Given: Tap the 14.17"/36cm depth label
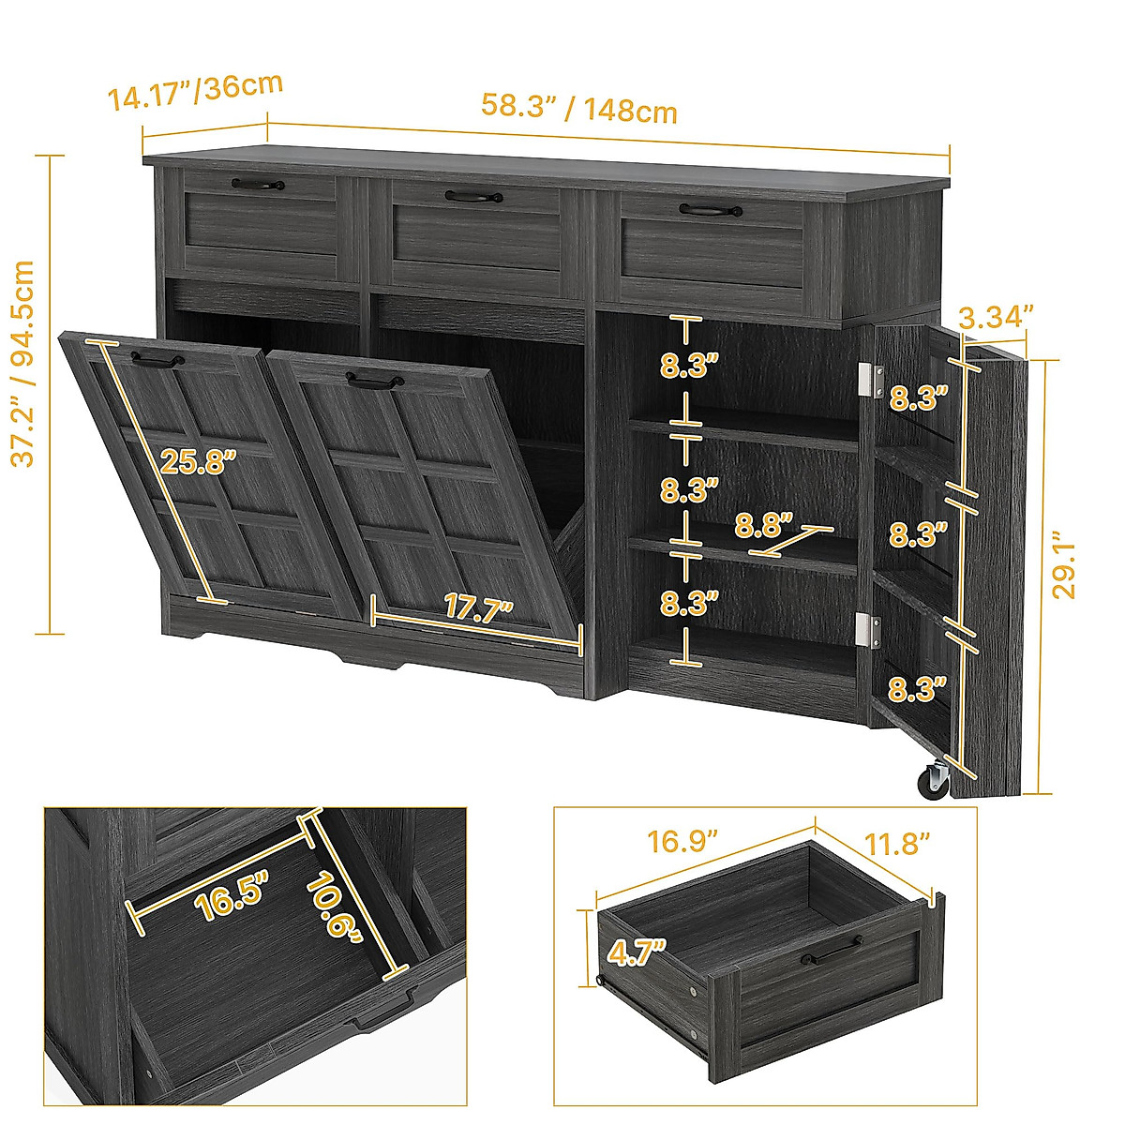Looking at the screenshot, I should tap(195, 91).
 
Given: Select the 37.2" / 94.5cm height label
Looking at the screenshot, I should tap(22, 363).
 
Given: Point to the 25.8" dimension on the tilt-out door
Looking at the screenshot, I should tap(198, 461).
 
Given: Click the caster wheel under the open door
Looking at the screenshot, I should tap(934, 780).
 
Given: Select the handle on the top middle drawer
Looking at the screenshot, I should tap(474, 197).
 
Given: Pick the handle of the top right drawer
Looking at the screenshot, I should tap(710, 211).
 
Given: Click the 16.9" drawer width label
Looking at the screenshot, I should tap(682, 840).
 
